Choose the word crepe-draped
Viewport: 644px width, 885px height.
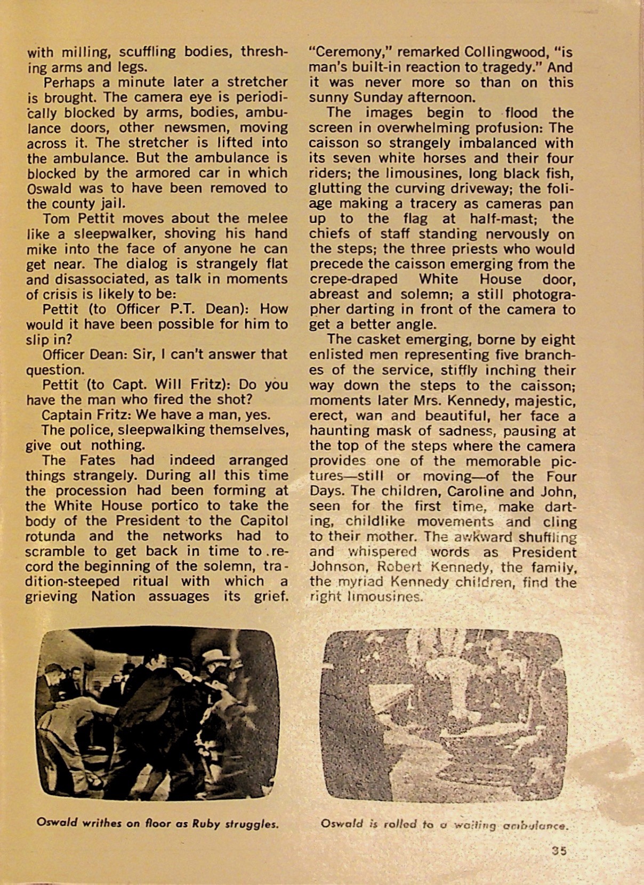click(x=353, y=279)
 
